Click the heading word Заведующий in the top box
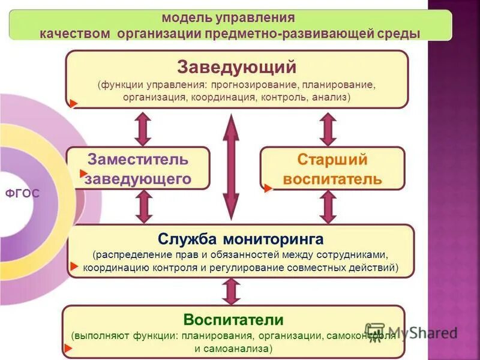click(237, 65)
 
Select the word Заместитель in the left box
click(138, 160)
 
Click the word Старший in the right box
click(332, 160)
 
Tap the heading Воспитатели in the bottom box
click(233, 319)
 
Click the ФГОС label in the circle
click(22, 193)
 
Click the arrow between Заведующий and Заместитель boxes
click(143, 128)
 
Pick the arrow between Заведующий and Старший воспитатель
click(328, 128)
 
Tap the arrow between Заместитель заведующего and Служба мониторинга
click(143, 206)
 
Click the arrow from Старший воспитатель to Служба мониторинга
click(328, 206)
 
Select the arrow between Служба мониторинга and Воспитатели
click(230, 292)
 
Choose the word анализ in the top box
click(330, 97)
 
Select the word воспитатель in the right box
click(332, 179)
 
